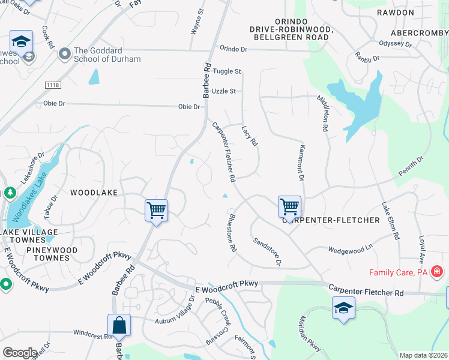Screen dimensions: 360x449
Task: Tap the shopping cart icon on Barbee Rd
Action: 156,211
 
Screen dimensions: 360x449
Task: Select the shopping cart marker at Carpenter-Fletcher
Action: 289,207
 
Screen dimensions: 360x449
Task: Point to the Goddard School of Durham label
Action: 107,55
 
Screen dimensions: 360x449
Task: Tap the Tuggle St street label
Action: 228,71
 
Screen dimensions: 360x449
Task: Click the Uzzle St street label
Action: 224,91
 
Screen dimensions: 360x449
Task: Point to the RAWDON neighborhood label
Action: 395,13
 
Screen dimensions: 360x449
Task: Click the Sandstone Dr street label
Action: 267,251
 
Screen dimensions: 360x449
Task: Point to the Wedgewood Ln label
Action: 351,247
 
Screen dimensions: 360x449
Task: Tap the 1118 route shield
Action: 52,86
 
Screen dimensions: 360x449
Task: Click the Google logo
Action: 20,353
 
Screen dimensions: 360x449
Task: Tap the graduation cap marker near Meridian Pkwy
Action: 343,308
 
